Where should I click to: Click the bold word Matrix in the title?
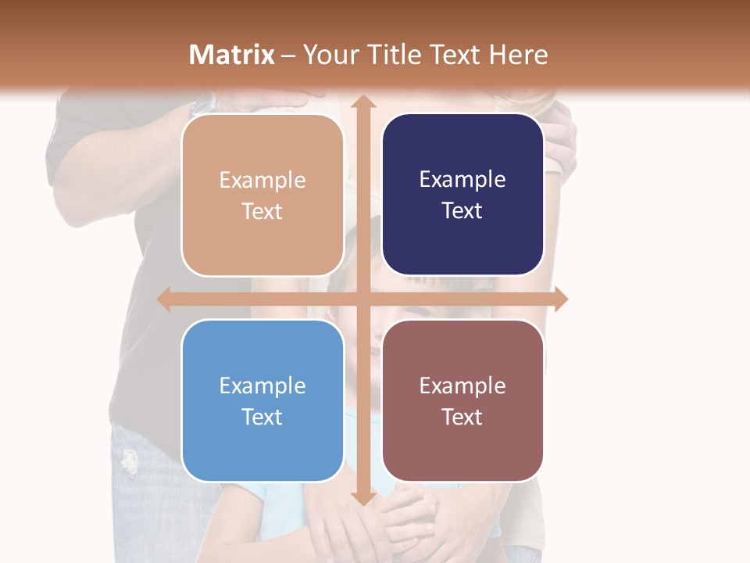pyautogui.click(x=232, y=55)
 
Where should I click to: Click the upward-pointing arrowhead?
pyautogui.click(x=362, y=102)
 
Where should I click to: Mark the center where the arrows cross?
pyautogui.click(x=362, y=299)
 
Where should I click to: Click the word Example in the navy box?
pyautogui.click(x=462, y=179)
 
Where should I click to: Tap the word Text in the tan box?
pyautogui.click(x=262, y=211)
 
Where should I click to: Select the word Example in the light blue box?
pyautogui.click(x=262, y=385)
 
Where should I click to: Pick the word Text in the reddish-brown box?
pyautogui.click(x=462, y=417)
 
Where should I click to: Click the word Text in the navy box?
pyautogui.click(x=462, y=210)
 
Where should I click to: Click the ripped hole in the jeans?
pyautogui.click(x=129, y=461)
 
